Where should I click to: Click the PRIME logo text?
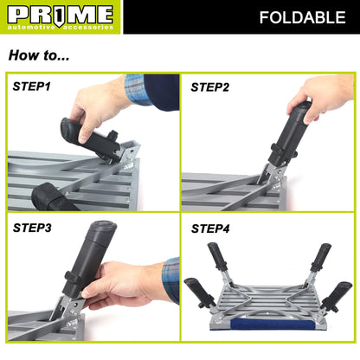pyautogui.click(x=60, y=13)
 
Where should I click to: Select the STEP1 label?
pyautogui.click(x=32, y=87)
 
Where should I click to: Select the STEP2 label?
pyautogui.click(x=209, y=87)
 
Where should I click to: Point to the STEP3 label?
pyautogui.click(x=32, y=228)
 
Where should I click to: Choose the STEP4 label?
pyautogui.click(x=209, y=228)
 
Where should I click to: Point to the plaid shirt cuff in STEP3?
pyautogui.click(x=170, y=280)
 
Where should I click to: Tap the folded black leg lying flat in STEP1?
pyautogui.click(x=51, y=195)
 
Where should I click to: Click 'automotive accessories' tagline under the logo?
pyautogui.click(x=60, y=28)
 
